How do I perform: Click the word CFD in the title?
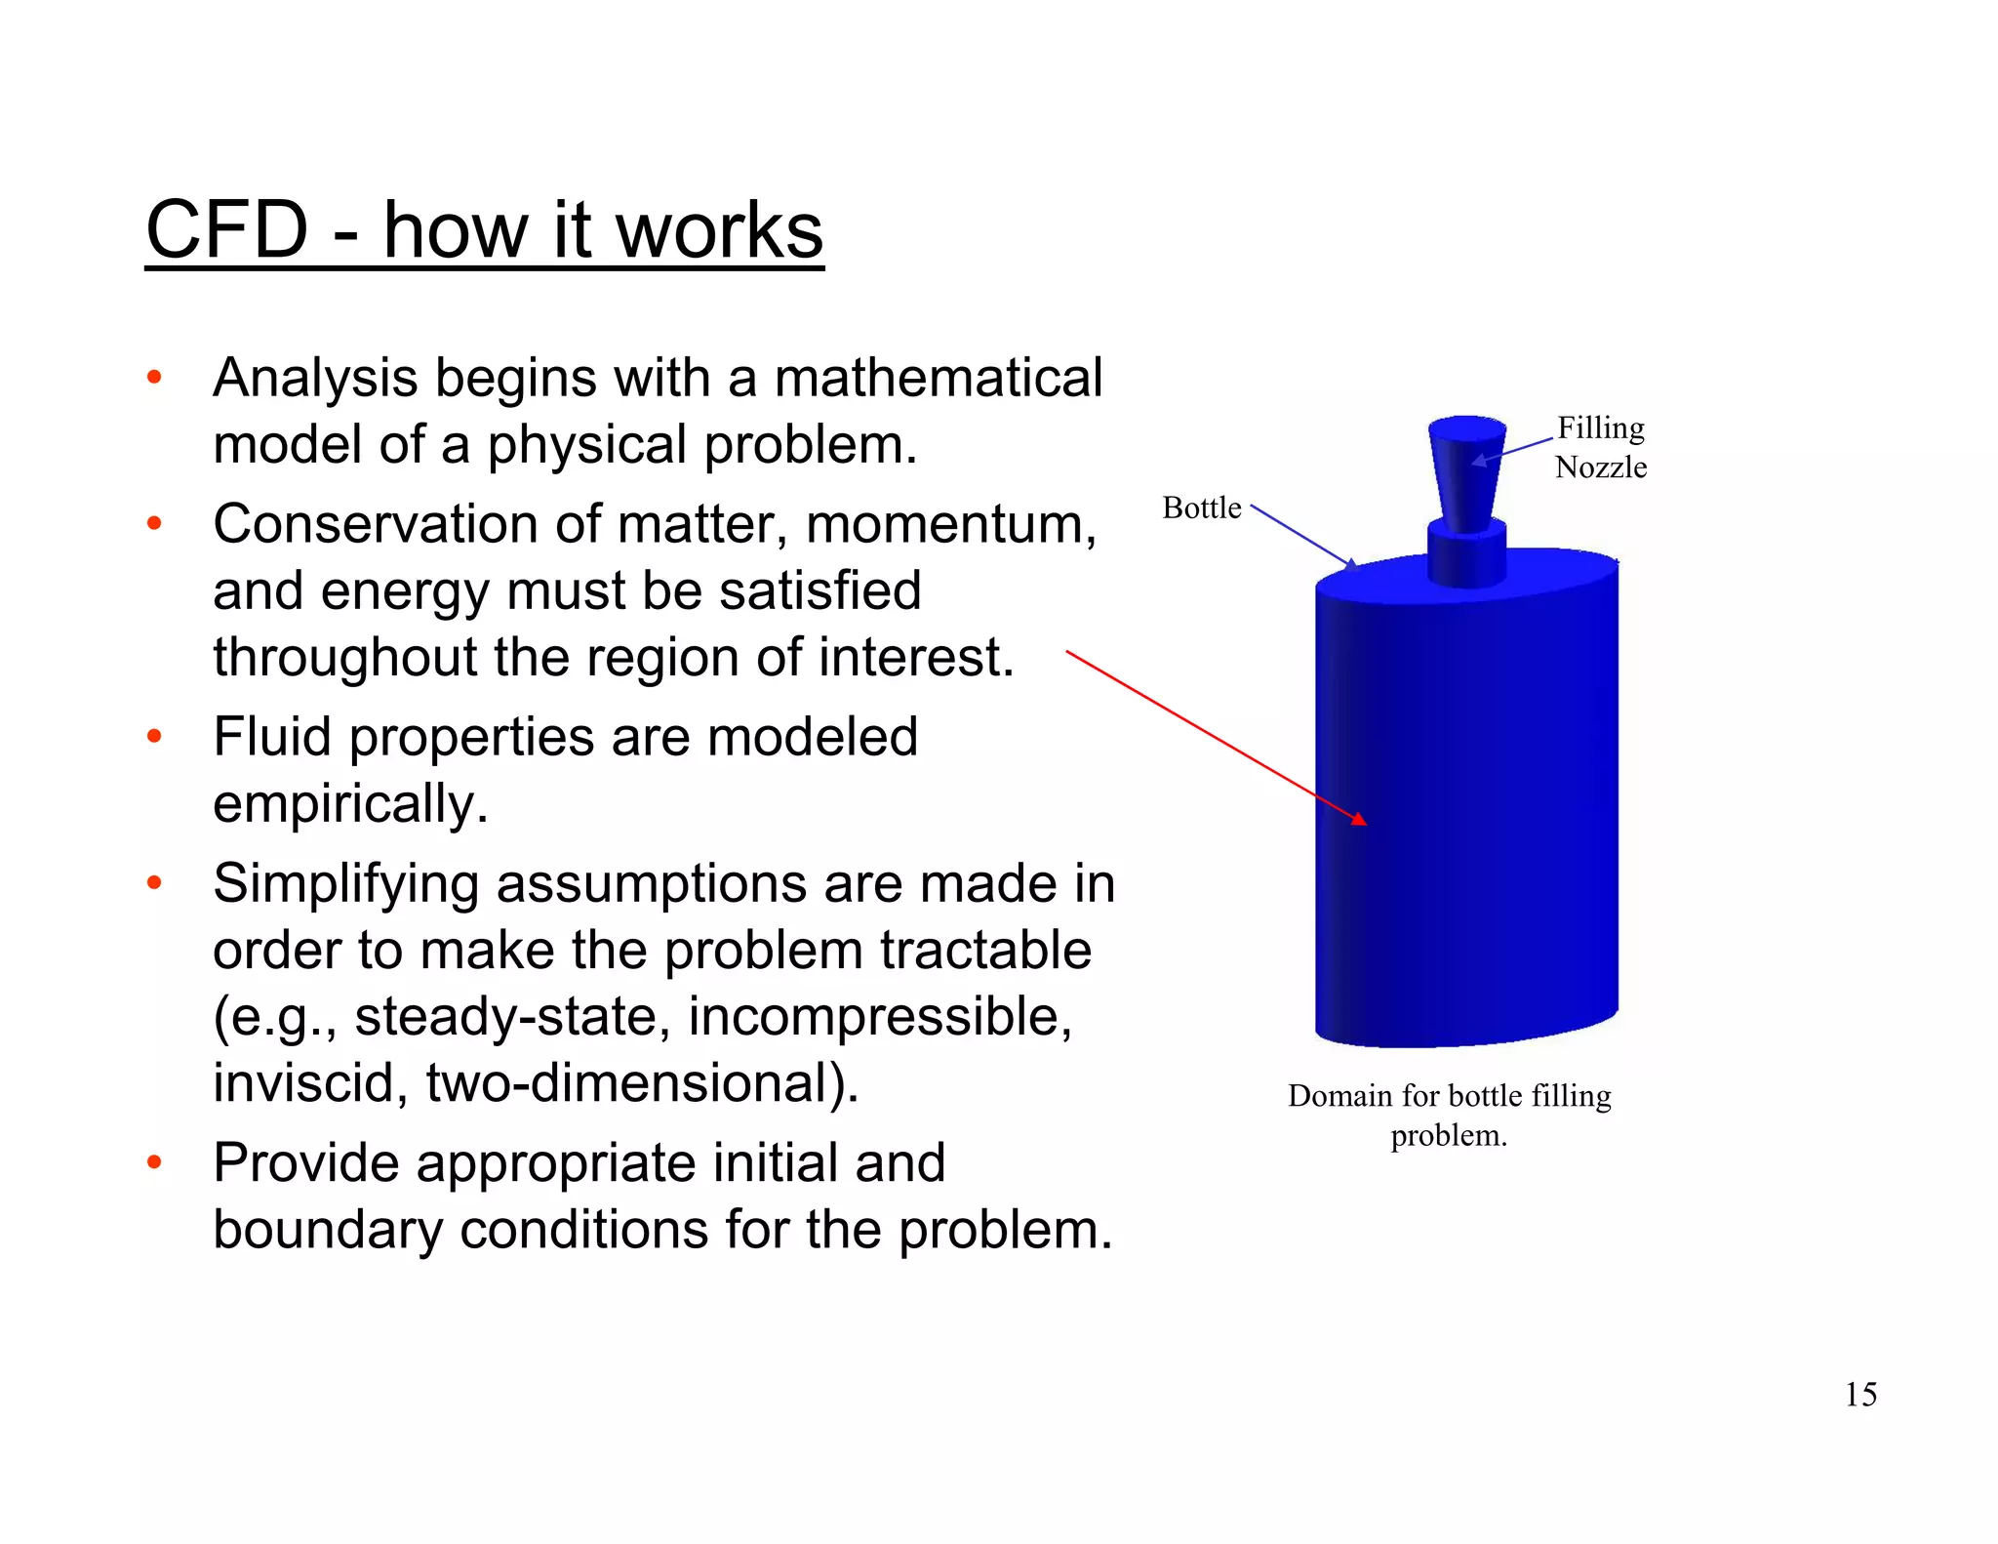(x=226, y=230)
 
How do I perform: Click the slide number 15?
(x=1860, y=1394)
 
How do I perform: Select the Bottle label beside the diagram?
(x=1201, y=508)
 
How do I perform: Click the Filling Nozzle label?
(x=1601, y=447)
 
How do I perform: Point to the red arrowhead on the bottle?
(x=1359, y=818)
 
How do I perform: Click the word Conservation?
(x=375, y=524)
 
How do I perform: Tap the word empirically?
(x=350, y=803)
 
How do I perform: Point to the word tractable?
(x=985, y=950)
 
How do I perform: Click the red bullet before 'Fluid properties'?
(x=154, y=737)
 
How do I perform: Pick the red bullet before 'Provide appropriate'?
(x=154, y=1163)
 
